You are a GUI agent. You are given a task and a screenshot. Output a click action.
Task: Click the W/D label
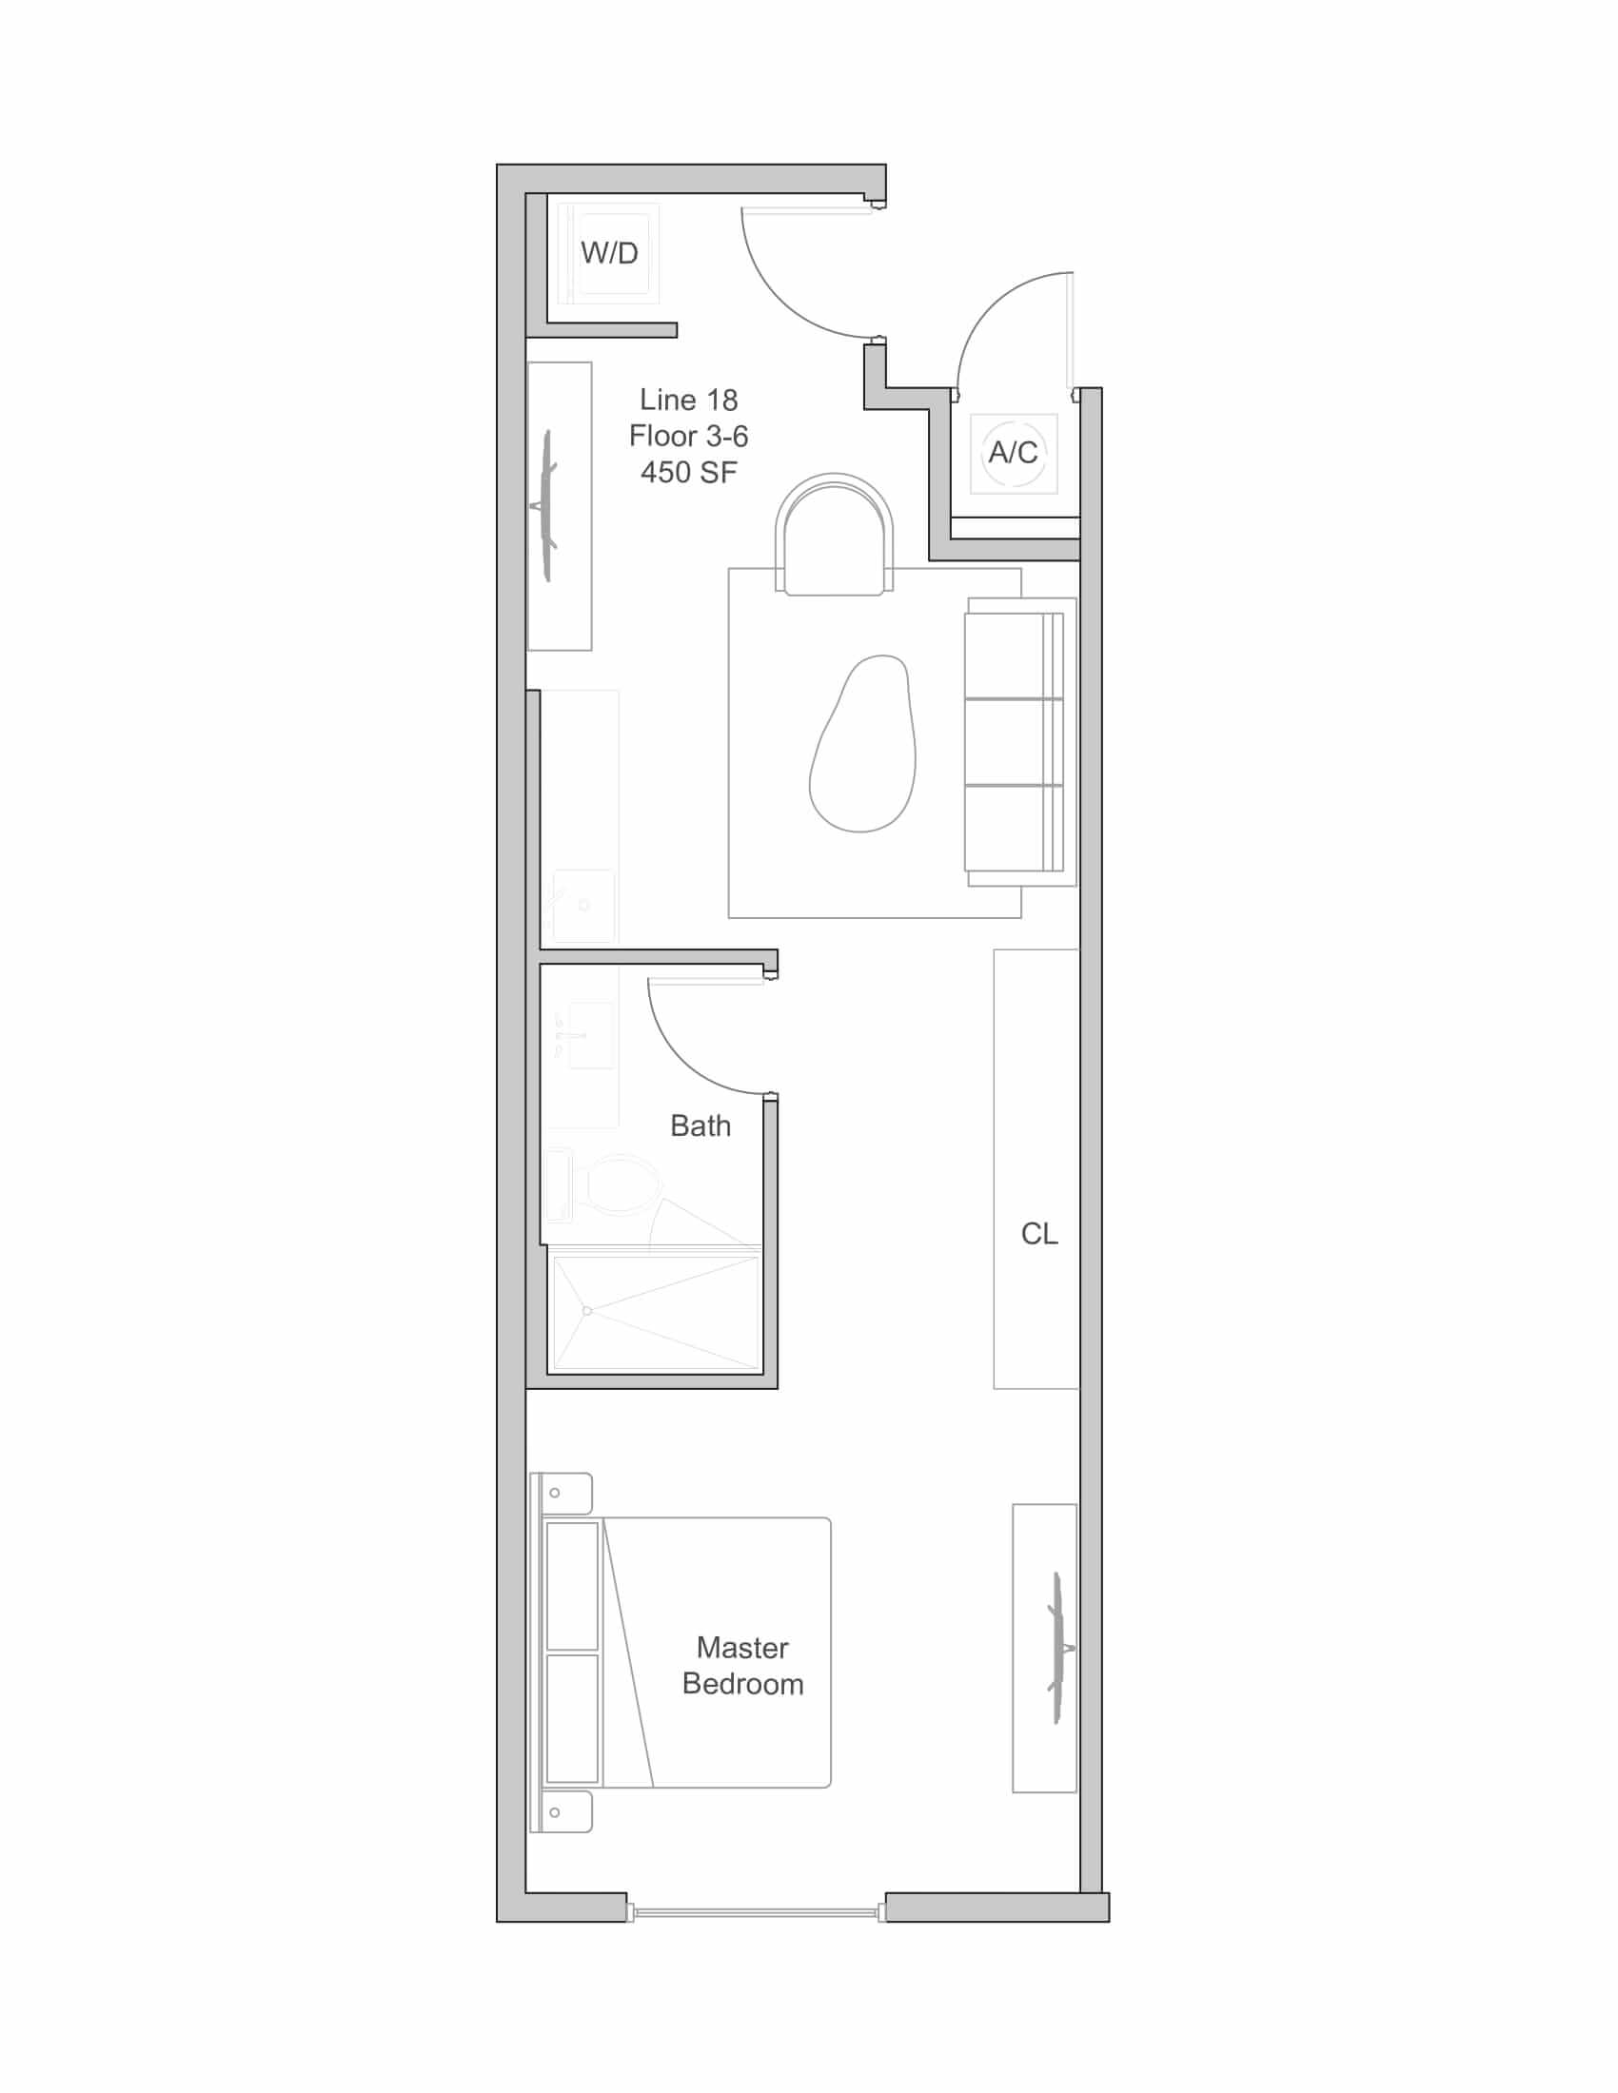point(609,253)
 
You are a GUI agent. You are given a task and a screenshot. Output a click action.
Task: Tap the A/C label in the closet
point(1014,452)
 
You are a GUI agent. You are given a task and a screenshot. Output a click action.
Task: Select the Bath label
point(700,1125)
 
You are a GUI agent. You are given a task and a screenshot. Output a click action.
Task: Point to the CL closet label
point(1039,1233)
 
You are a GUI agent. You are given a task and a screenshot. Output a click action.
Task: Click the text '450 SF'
point(688,473)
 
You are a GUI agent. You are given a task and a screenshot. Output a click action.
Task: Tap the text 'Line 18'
point(688,400)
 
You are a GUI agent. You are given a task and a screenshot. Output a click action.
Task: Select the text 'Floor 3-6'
point(688,436)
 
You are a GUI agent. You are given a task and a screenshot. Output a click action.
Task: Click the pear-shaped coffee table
point(862,744)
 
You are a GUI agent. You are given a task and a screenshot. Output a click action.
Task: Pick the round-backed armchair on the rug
point(834,534)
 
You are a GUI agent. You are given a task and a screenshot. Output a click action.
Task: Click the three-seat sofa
point(1020,742)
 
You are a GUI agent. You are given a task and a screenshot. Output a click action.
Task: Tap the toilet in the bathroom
point(602,1185)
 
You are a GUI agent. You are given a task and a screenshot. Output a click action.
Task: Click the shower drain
point(587,1310)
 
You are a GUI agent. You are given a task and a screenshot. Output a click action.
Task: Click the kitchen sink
point(582,906)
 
